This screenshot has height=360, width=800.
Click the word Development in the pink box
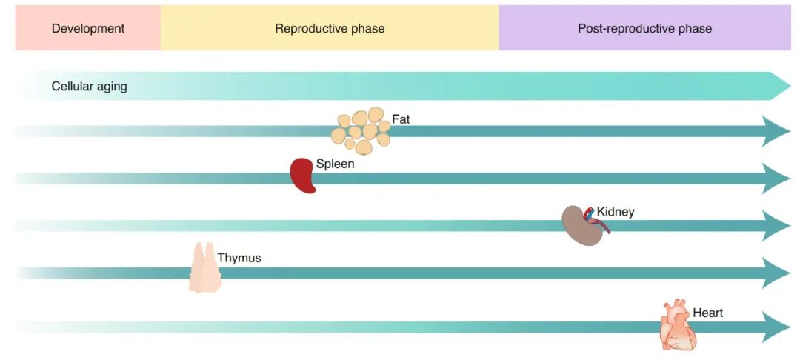click(x=87, y=29)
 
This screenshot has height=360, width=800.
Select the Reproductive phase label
click(x=330, y=29)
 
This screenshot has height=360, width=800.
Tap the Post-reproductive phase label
click(x=644, y=29)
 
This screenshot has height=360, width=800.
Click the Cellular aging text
click(x=89, y=87)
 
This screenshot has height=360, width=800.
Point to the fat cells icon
click(x=361, y=130)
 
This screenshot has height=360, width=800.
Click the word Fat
click(x=401, y=119)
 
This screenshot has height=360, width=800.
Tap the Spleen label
click(x=335, y=164)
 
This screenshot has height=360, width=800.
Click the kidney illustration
click(x=583, y=224)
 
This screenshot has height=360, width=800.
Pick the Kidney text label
click(x=616, y=212)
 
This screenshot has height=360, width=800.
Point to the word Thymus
click(x=239, y=259)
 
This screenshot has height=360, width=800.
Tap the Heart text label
click(x=707, y=313)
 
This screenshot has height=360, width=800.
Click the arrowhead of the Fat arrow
click(x=776, y=131)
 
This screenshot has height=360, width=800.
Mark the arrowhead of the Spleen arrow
click(x=776, y=179)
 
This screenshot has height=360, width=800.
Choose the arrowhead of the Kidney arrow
click(x=776, y=226)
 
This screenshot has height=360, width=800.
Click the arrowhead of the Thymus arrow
click(x=776, y=273)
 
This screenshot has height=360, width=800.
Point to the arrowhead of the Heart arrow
click(x=776, y=327)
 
